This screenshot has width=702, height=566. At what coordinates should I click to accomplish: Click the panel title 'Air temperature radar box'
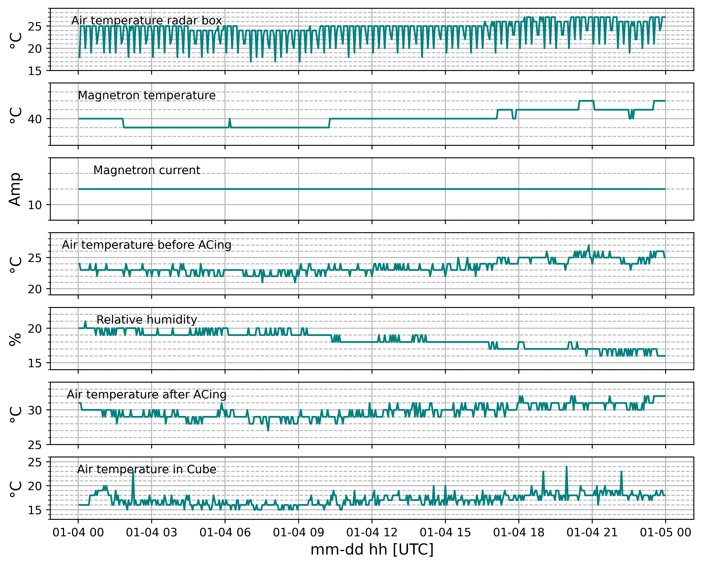(x=146, y=21)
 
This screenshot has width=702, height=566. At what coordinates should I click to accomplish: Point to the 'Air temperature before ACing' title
(x=146, y=245)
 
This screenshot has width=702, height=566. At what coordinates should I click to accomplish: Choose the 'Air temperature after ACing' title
(x=146, y=394)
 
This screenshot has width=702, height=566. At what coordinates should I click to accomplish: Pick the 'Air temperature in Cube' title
(x=146, y=469)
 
